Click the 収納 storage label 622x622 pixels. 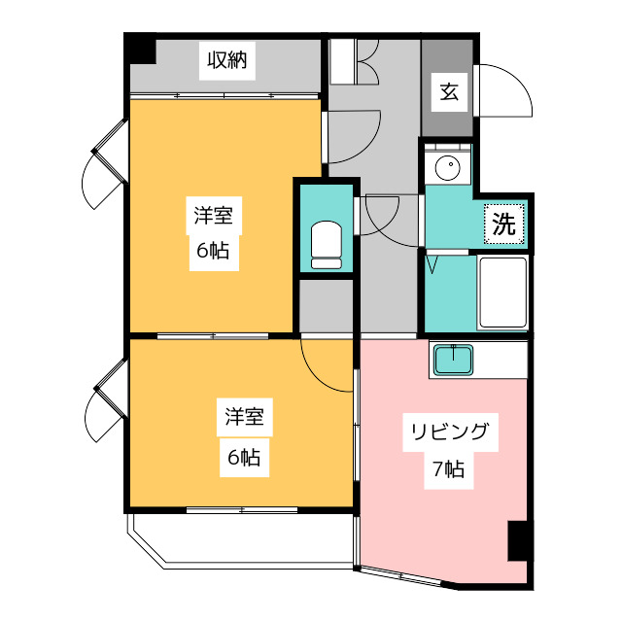[226, 61]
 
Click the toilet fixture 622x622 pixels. [326, 245]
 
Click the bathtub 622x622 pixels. [502, 293]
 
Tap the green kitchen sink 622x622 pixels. [454, 360]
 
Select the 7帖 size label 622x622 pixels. [448, 470]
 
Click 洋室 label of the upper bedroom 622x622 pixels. [211, 216]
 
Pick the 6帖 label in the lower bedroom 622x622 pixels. [243, 457]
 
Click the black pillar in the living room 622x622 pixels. [518, 541]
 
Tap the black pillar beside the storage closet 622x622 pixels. [141, 50]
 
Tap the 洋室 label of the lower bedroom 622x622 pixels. [243, 419]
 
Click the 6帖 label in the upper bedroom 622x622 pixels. [211, 251]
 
